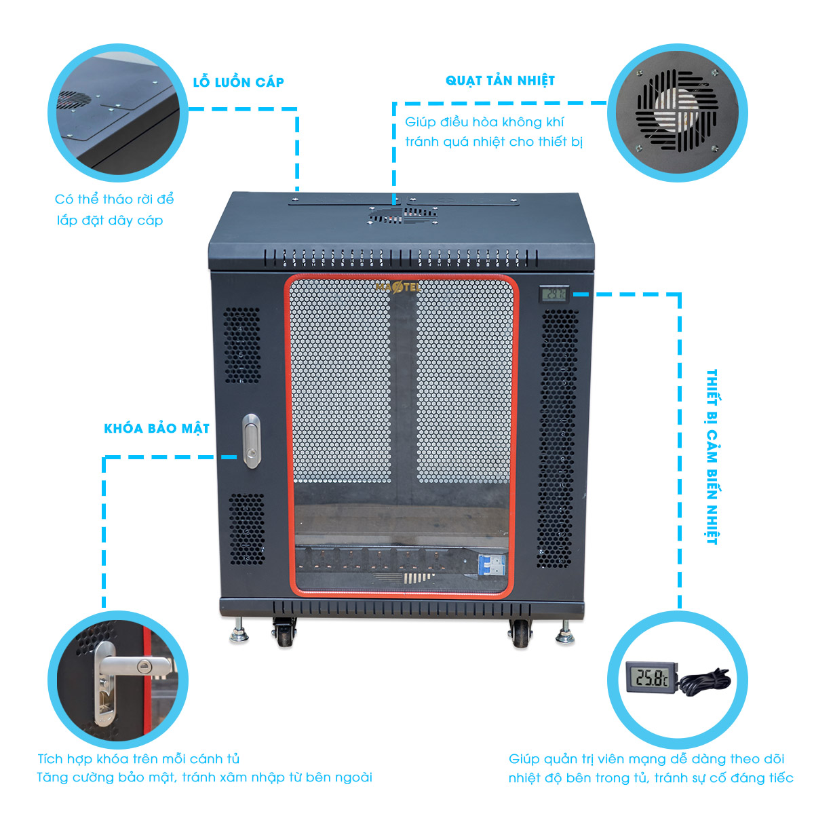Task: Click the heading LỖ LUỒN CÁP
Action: pyautogui.click(x=238, y=82)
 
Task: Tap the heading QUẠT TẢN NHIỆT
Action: pyautogui.click(x=500, y=81)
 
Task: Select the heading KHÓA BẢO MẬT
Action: pyautogui.click(x=157, y=429)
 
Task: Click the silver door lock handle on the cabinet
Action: pyautogui.click(x=252, y=441)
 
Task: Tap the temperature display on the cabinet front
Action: pyautogui.click(x=554, y=294)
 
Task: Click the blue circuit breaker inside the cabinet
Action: pyautogui.click(x=493, y=565)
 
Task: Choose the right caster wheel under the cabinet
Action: pyautogui.click(x=520, y=634)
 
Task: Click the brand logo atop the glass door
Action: pyautogui.click(x=398, y=288)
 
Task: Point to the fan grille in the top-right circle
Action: pyautogui.click(x=676, y=111)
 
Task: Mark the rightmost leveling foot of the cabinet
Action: pyautogui.click(x=564, y=634)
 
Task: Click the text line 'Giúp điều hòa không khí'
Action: pyautogui.click(x=484, y=123)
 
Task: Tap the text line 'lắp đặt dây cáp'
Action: pyautogui.click(x=110, y=220)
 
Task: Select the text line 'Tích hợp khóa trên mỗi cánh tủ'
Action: pyautogui.click(x=138, y=759)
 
